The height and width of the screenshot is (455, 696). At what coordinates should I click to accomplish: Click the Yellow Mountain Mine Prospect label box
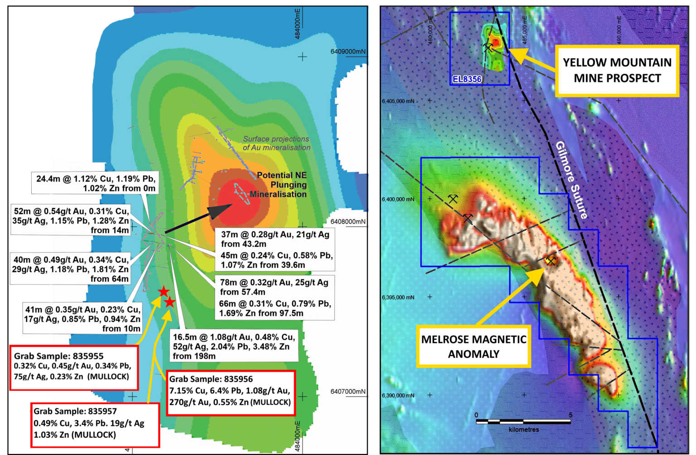point(617,71)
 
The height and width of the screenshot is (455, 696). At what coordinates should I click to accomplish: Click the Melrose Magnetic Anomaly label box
point(474,346)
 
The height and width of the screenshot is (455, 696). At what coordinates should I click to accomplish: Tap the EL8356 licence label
point(467,79)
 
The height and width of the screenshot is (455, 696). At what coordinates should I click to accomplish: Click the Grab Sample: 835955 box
point(74,368)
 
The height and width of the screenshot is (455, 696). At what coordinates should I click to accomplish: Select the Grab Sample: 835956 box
point(231,393)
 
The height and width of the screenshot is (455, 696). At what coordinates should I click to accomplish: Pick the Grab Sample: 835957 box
point(95,425)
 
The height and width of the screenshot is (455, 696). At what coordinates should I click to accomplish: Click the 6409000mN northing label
point(348,52)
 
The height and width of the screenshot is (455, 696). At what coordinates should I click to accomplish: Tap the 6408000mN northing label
point(348,222)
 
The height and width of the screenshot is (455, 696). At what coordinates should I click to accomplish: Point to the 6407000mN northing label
point(348,392)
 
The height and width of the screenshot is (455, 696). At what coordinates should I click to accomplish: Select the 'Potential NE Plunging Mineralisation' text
point(279,185)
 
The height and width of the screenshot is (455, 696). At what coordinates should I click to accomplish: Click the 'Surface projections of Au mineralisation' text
point(276,143)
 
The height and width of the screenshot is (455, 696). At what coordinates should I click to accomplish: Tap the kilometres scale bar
point(523,422)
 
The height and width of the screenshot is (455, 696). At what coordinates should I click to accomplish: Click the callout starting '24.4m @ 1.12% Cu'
point(96,183)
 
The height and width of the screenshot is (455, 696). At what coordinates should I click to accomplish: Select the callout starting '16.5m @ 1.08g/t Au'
point(234,347)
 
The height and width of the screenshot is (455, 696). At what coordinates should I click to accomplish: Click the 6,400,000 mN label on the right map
point(398,199)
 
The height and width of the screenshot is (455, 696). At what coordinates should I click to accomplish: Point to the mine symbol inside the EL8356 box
point(488,47)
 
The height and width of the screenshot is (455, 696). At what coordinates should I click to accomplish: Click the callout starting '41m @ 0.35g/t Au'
point(82,319)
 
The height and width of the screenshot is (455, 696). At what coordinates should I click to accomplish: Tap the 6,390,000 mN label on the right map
point(398,396)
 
